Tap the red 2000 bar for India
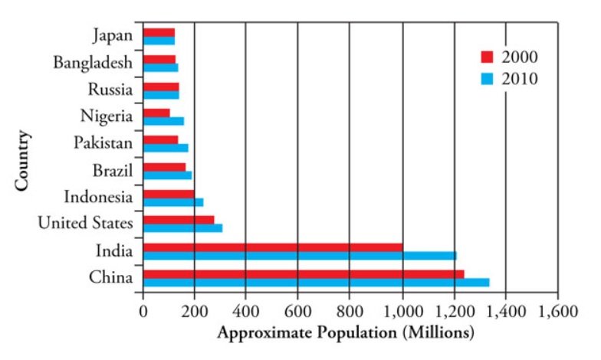pyautogui.click(x=272, y=247)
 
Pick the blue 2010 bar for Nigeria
pyautogui.click(x=163, y=121)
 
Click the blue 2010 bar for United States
pyautogui.click(x=182, y=227)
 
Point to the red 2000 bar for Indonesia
pyautogui.click(x=169, y=193)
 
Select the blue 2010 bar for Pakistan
pyautogui.click(x=166, y=148)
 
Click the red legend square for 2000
pyautogui.click(x=485, y=57)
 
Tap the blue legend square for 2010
pyautogui.click(x=485, y=78)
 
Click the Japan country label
pyautogui.click(x=112, y=35)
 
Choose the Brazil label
pyautogui.click(x=112, y=169)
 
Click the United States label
pyautogui.click(x=86, y=223)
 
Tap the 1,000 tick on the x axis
pyautogui.click(x=402, y=312)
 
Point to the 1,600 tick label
pyautogui.click(x=558, y=312)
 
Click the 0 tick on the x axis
pyautogui.click(x=143, y=312)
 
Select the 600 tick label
pyautogui.click(x=297, y=312)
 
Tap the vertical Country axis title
pyautogui.click(x=22, y=161)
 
